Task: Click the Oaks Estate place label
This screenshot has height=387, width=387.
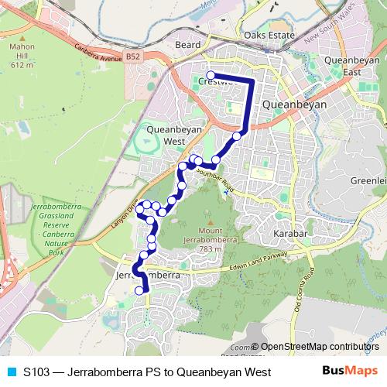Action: [x=270, y=36]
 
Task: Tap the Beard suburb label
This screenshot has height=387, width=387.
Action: [x=187, y=46]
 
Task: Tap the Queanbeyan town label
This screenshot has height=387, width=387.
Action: [x=294, y=104]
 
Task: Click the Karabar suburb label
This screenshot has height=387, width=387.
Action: [x=291, y=232]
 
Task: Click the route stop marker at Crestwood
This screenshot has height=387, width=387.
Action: [x=211, y=75]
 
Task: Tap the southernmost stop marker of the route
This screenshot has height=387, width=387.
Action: [x=139, y=291]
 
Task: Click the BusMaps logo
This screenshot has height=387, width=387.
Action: [x=350, y=372]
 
